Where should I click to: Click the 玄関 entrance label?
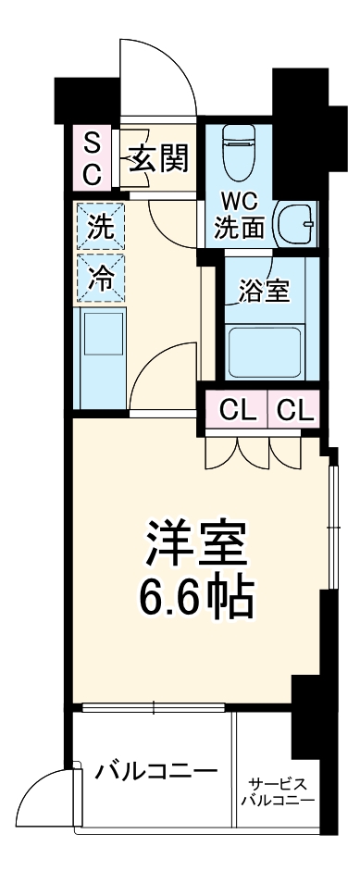158,159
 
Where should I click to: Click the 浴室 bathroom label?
265,290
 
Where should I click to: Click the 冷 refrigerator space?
100,276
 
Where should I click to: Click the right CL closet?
294,407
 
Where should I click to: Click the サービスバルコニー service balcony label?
277,791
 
